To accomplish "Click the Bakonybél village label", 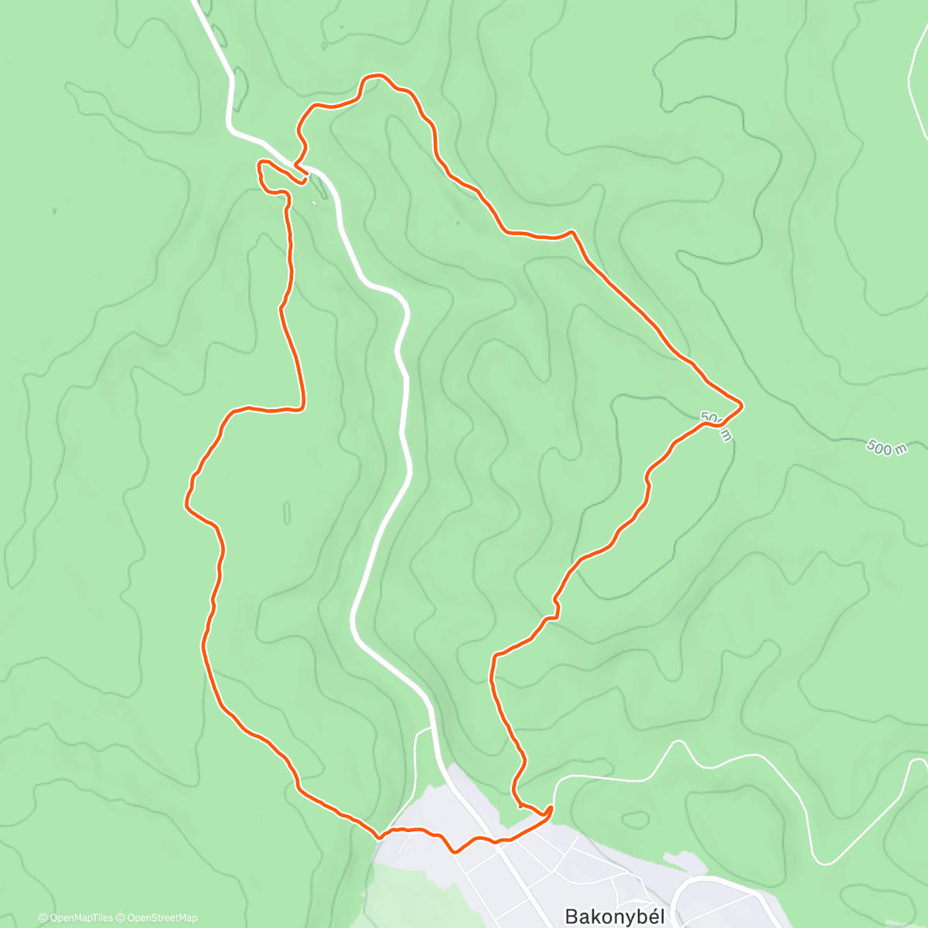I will click(615, 916).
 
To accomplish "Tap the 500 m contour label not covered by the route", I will click(886, 448).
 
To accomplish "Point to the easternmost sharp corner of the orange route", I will click(742, 404).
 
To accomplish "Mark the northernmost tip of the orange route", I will click(376, 76).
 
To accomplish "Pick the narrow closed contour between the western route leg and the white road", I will click(288, 512).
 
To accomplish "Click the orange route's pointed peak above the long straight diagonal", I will click(572, 231).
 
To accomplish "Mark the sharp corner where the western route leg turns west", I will click(302, 405).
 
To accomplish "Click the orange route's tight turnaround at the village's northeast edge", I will click(550, 809).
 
